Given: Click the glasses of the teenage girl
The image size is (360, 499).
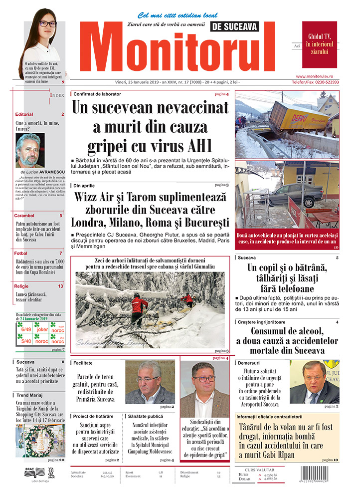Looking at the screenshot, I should [48, 24].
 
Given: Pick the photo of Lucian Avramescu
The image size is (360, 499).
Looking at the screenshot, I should [29, 150].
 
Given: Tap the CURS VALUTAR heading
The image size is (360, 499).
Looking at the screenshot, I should [260, 470].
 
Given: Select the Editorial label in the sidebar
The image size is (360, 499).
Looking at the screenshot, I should [24, 114].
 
